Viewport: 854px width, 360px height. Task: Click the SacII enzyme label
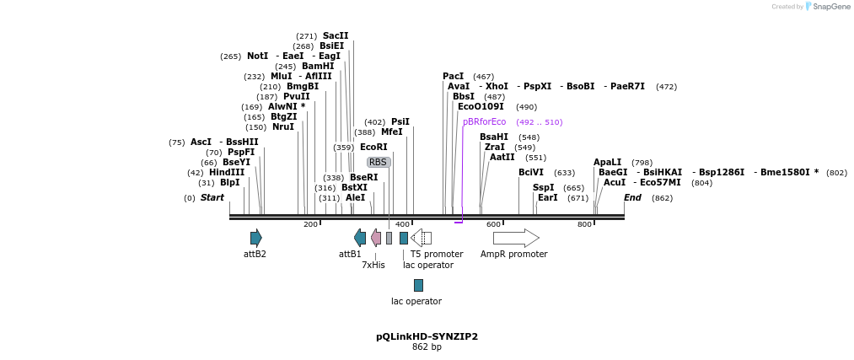pos(336,36)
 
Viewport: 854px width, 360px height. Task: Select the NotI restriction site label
pos(257,56)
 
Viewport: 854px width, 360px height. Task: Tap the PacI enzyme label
pos(454,77)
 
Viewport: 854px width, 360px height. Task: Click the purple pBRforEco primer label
pos(484,122)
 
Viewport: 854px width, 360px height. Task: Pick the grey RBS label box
pos(378,162)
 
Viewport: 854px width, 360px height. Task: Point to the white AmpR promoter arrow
pos(516,238)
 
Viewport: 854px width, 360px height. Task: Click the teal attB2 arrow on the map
pos(255,238)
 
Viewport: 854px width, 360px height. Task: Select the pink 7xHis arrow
pos(376,238)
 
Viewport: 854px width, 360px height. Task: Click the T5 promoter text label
pos(437,254)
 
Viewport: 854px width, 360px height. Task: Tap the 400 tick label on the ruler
pos(402,224)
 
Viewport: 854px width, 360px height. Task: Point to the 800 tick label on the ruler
pos(584,224)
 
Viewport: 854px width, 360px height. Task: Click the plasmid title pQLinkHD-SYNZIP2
pos(427,336)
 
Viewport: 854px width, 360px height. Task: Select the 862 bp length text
pos(427,347)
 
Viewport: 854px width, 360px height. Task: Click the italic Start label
pos(212,198)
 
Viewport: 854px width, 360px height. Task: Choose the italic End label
pos(633,198)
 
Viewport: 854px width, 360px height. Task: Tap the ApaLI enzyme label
pos(607,162)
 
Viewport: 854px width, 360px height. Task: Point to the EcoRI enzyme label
pos(373,148)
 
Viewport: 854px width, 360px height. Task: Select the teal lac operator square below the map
pos(418,285)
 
